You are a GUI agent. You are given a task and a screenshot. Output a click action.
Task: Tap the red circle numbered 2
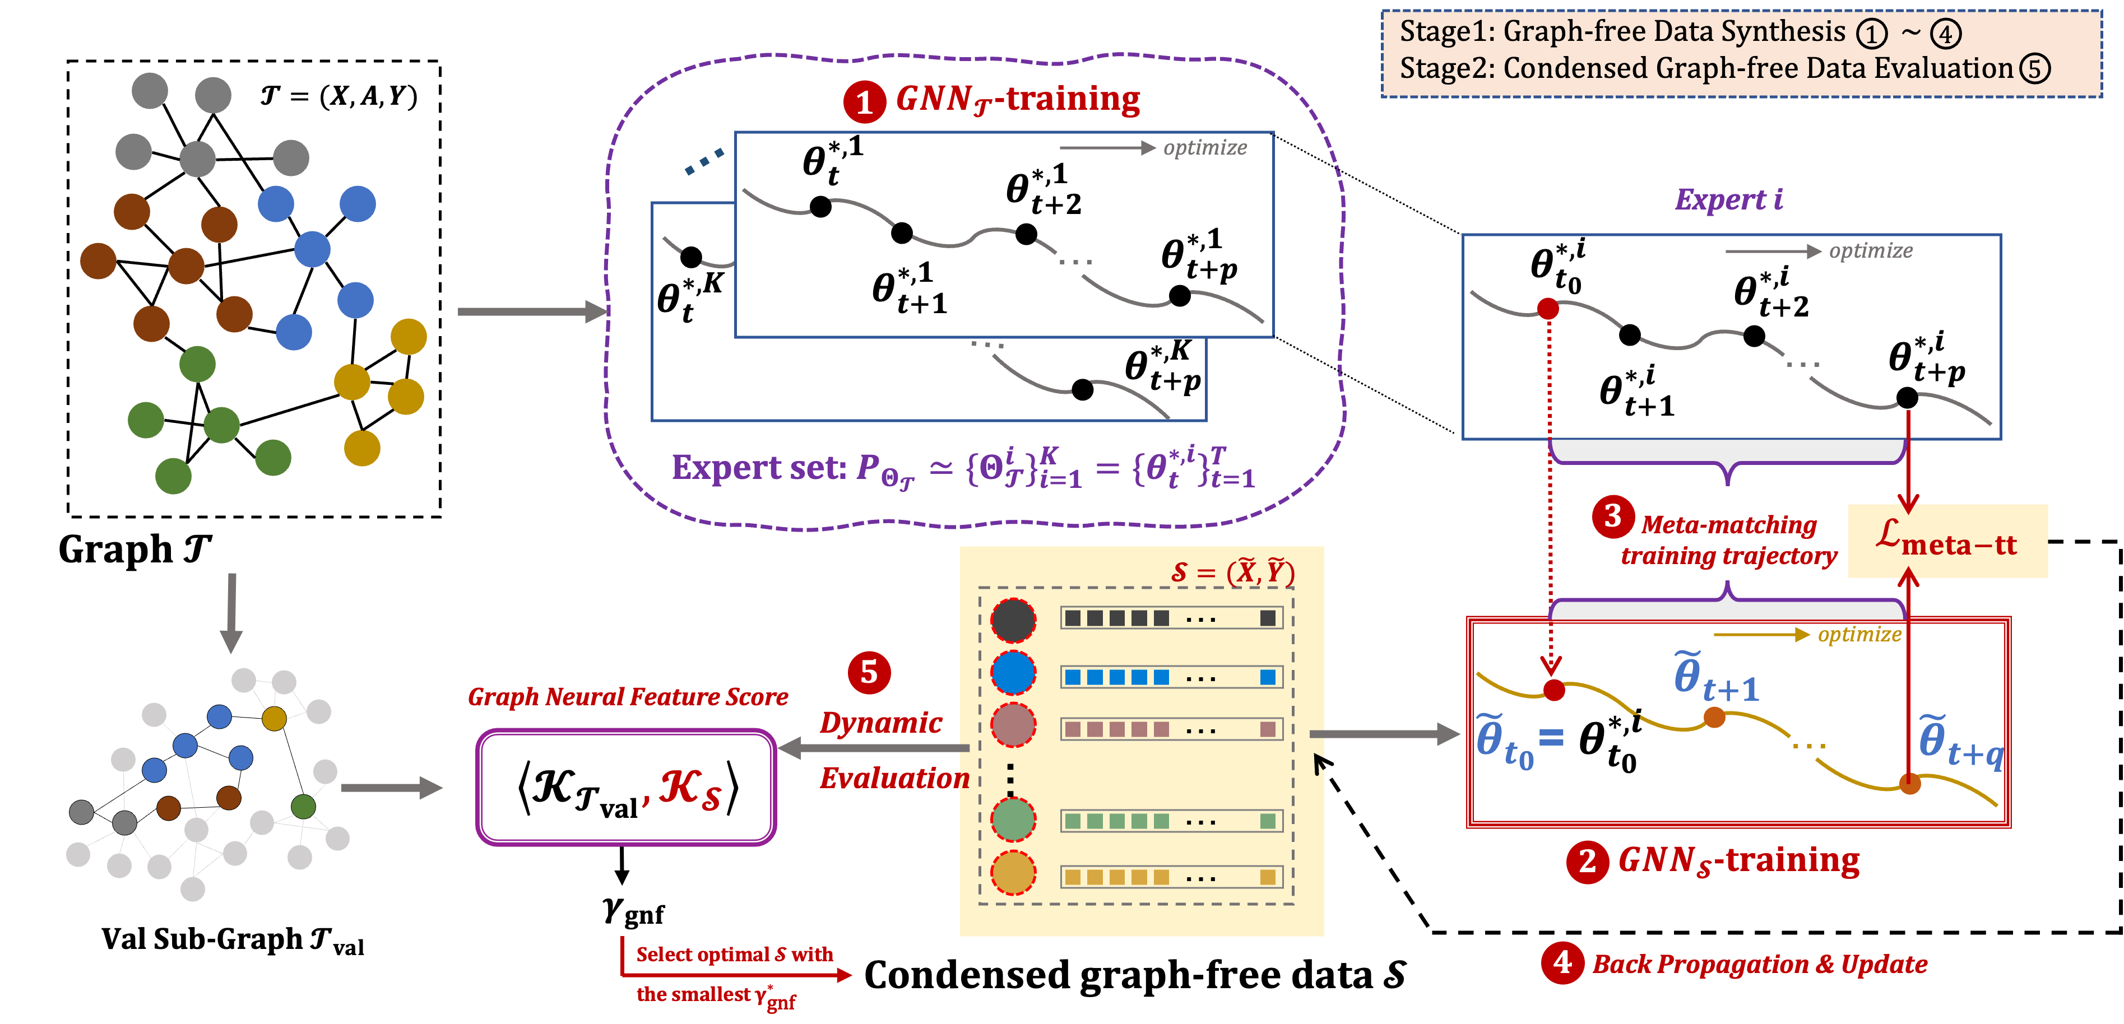point(1587,862)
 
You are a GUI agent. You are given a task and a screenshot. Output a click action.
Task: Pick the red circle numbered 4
point(1562,963)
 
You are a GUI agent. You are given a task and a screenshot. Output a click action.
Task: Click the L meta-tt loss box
point(1947,541)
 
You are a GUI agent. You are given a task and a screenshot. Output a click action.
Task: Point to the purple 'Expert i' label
point(1728,199)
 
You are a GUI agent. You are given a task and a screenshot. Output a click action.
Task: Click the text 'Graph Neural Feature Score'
point(628,697)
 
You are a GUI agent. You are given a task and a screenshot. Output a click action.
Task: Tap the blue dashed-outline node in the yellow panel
point(1013,673)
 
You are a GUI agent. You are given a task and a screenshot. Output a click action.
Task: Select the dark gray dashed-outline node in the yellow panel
point(1013,620)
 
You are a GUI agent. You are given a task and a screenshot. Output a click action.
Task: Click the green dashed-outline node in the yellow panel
point(1013,819)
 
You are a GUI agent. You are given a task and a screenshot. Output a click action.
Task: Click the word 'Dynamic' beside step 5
point(880,723)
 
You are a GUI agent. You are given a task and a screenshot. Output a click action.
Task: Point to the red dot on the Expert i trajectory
point(1548,308)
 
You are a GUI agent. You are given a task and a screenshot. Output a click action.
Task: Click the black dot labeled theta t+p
point(1180,295)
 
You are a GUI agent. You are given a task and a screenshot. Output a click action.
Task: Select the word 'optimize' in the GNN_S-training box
point(1859,634)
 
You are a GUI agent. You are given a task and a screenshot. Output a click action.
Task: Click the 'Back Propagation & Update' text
point(1760,964)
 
